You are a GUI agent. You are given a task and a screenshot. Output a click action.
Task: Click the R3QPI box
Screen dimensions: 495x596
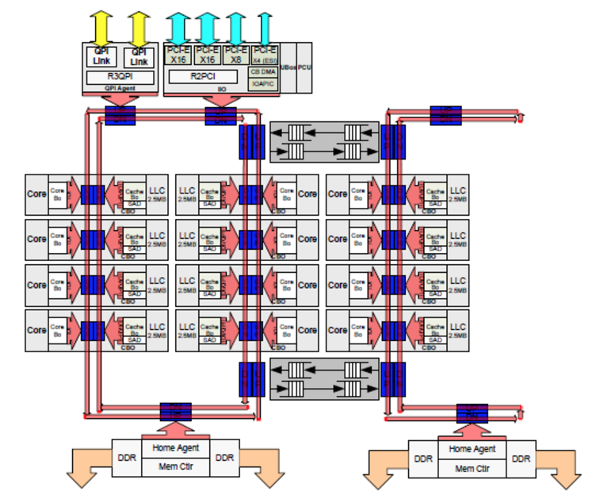tap(120, 77)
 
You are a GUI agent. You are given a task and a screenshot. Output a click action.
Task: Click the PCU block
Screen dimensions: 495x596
tap(304, 70)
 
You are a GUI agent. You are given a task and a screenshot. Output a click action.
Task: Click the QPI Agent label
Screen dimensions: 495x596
tap(120, 89)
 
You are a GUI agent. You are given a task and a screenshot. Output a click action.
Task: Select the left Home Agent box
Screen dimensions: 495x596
tap(175, 448)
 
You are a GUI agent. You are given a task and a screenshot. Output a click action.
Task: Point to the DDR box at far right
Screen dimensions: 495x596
tap(521, 459)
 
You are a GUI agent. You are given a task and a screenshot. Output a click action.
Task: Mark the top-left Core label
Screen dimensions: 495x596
tap(36, 194)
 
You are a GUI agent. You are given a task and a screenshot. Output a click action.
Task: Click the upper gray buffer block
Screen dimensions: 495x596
tap(326, 142)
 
